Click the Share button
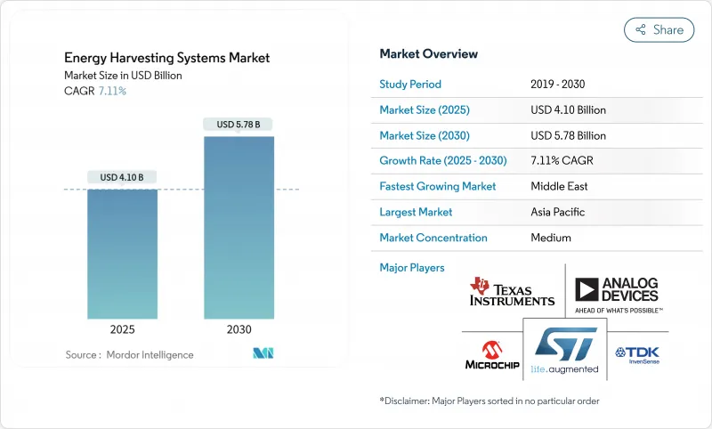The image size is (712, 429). point(659,29)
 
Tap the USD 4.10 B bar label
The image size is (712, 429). point(123,177)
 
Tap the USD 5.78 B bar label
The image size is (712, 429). point(239,124)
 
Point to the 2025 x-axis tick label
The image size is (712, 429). point(123,329)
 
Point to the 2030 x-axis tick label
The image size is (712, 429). point(239,329)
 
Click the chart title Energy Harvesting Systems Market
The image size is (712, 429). point(167,58)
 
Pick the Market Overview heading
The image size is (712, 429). point(428,53)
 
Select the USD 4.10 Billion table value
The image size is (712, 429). point(568,110)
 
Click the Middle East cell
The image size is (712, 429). point(559,187)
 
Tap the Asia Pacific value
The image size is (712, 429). point(558,212)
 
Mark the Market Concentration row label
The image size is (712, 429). point(433,238)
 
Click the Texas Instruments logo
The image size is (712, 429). point(512,292)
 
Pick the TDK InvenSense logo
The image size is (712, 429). point(638,354)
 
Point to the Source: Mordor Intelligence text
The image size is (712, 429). point(129,355)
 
